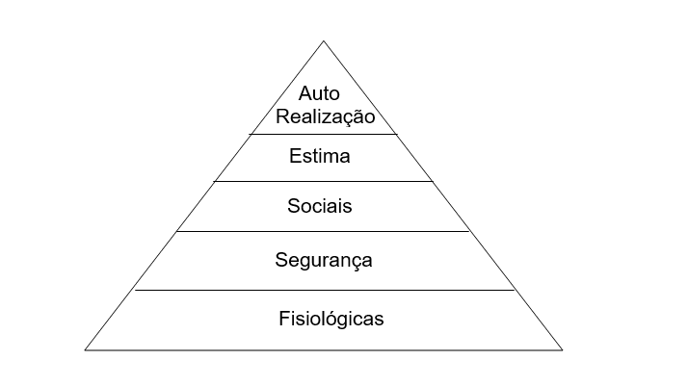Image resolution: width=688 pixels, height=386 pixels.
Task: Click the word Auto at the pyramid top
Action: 319,93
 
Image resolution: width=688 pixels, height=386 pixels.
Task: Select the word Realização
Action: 325,116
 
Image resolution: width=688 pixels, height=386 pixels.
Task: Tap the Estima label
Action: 320,156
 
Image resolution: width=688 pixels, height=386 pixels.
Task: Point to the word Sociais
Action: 320,206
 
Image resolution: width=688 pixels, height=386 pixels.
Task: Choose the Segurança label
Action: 324,260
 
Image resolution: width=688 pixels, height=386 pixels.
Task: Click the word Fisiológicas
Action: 331,319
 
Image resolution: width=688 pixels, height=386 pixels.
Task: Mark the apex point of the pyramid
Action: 324,41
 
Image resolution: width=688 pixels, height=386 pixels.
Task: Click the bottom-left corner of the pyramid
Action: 85,350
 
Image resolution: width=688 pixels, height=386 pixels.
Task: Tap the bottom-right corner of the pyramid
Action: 562,350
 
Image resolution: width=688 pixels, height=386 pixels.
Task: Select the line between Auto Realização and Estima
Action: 323,134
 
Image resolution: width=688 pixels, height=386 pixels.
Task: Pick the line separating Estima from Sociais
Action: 324,181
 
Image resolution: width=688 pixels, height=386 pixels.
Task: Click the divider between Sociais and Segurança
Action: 323,231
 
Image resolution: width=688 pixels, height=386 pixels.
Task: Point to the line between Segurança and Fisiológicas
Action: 325,290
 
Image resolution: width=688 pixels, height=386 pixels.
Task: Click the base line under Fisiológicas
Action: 324,350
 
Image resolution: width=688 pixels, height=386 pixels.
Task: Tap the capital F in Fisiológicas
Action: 283,318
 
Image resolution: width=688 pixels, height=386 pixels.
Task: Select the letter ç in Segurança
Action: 356,262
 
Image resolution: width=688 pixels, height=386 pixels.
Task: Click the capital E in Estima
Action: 295,156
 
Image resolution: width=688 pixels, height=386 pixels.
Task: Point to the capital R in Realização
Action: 282,116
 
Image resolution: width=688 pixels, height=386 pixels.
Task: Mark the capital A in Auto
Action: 305,93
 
